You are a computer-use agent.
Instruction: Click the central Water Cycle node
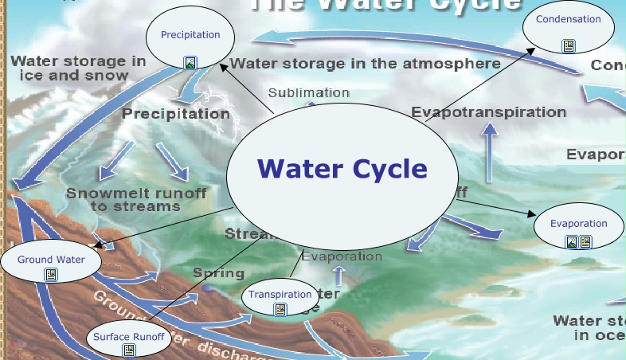[342, 169]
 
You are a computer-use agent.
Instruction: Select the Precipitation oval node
[190, 36]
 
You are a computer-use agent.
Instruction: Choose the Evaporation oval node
[578, 224]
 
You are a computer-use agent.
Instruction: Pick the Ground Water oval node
[51, 260]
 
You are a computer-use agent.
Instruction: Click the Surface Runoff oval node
[128, 336]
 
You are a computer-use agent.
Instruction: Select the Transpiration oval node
[280, 295]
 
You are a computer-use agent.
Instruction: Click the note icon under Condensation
[568, 46]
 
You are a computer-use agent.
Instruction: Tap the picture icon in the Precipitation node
[190, 61]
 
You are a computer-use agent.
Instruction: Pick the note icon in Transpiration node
[280, 310]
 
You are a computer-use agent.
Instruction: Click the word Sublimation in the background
[309, 93]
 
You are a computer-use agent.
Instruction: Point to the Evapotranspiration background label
[488, 112]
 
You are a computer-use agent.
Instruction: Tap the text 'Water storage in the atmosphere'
[366, 63]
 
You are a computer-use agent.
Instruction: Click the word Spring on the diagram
[218, 273]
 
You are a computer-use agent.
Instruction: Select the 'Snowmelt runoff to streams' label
[136, 199]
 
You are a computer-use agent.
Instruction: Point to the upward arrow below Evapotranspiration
[489, 144]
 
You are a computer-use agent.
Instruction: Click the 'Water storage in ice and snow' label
[78, 68]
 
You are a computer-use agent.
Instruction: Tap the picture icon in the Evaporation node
[572, 242]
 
